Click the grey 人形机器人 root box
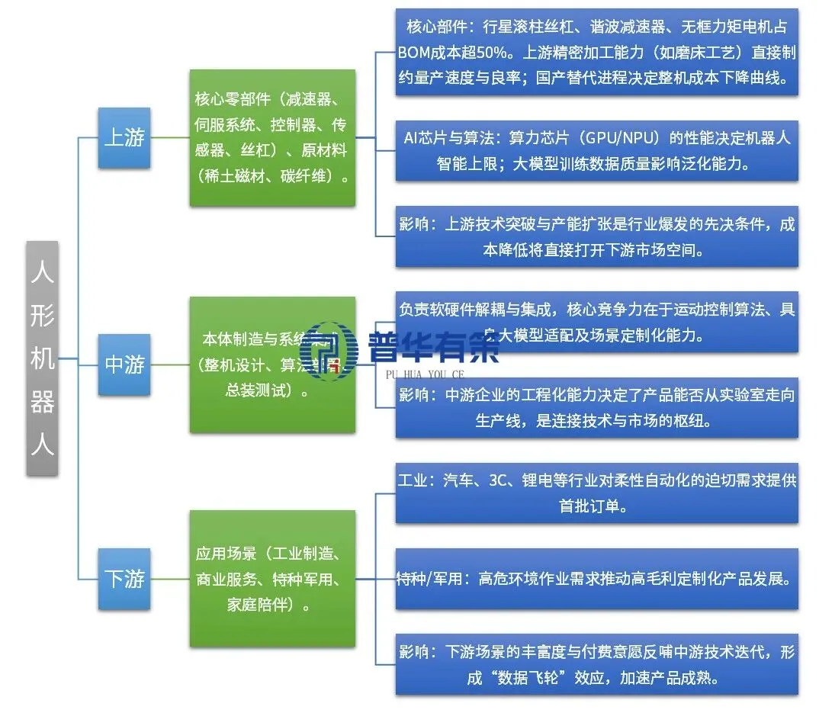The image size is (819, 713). pos(42,358)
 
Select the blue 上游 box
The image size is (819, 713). pos(124,138)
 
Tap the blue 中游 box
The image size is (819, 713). pos(124,365)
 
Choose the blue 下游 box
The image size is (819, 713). pos(124,579)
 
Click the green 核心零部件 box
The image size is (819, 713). pos(272,138)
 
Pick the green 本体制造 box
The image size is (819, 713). pos(272,365)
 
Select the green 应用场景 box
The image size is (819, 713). pos(272,579)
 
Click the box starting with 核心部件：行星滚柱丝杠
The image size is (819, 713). pos(596,52)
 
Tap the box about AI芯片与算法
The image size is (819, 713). pos(596,150)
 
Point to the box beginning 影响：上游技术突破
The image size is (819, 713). pos(596,236)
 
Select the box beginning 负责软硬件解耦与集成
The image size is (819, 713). pos(596,322)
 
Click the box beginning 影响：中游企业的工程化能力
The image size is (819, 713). pos(596,407)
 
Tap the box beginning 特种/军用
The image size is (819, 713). pos(596,579)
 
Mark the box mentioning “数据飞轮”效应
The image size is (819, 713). pos(596,664)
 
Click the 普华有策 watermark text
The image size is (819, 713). pos(432,349)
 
